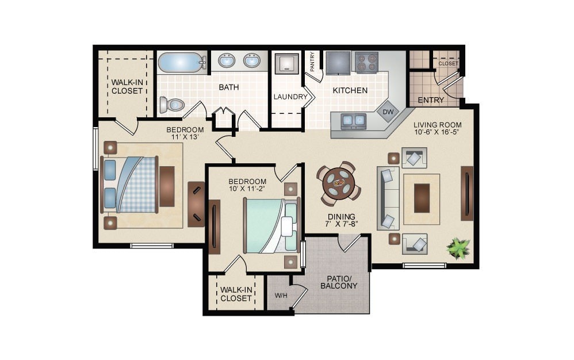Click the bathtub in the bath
pos(181,62)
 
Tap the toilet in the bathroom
pos(173,105)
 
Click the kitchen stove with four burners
pos(366,62)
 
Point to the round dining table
pos(339,183)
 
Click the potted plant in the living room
pos(458,248)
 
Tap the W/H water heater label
pos(281,296)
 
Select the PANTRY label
pos(312,62)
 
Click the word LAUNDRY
pos(290,97)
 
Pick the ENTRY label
pos(431,100)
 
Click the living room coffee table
pos(422,198)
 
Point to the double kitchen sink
pos(353,120)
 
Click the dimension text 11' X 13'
pos(185,137)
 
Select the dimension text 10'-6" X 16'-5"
pos(437,132)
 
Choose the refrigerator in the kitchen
pos(338,62)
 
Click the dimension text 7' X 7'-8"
pos(342,224)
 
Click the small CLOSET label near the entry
pos(448,63)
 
